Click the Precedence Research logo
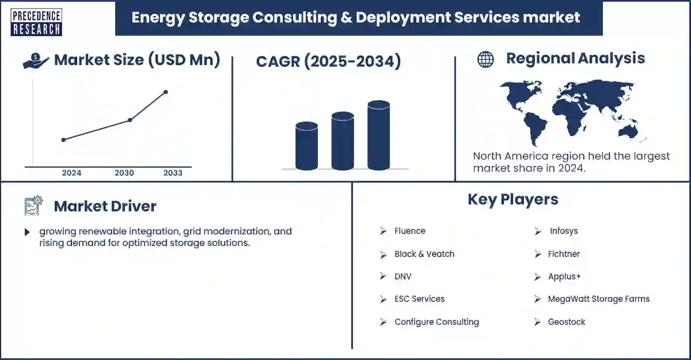pyautogui.click(x=36, y=22)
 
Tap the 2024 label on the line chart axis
pyautogui.click(x=71, y=173)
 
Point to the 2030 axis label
pyautogui.click(x=124, y=173)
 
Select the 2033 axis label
pyautogui.click(x=173, y=173)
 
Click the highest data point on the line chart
pyautogui.click(x=166, y=92)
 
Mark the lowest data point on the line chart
pyautogui.click(x=63, y=139)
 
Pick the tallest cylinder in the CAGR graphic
pyautogui.click(x=378, y=135)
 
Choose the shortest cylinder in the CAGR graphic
pyautogui.click(x=306, y=146)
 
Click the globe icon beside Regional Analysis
pyautogui.click(x=485, y=59)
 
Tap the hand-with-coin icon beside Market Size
pyautogui.click(x=36, y=60)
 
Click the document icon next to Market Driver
pyautogui.click(x=33, y=206)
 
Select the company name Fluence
pyautogui.click(x=409, y=231)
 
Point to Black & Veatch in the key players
pyautogui.click(x=424, y=254)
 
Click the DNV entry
pyautogui.click(x=403, y=276)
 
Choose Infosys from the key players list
pyautogui.click(x=563, y=231)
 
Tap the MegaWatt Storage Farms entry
pyautogui.click(x=598, y=299)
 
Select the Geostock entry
pyautogui.click(x=566, y=322)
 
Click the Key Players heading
pyautogui.click(x=512, y=199)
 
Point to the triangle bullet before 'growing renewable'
pyautogui.click(x=27, y=232)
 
